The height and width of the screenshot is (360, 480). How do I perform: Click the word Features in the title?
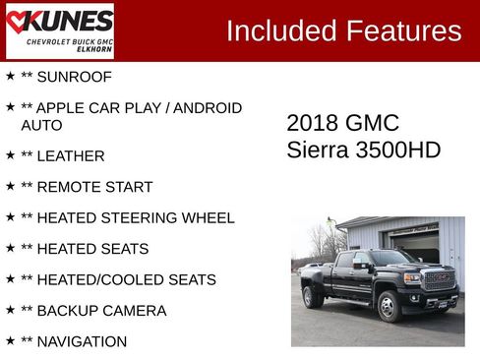[403, 30]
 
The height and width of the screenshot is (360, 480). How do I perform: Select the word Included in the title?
[281, 30]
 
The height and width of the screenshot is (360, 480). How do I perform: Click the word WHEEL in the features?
[209, 217]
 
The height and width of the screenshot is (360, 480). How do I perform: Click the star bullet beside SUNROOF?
[10, 76]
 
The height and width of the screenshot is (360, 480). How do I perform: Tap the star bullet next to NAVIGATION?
[10, 340]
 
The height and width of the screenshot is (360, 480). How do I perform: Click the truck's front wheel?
[389, 308]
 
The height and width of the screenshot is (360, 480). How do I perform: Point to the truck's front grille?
[440, 279]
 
